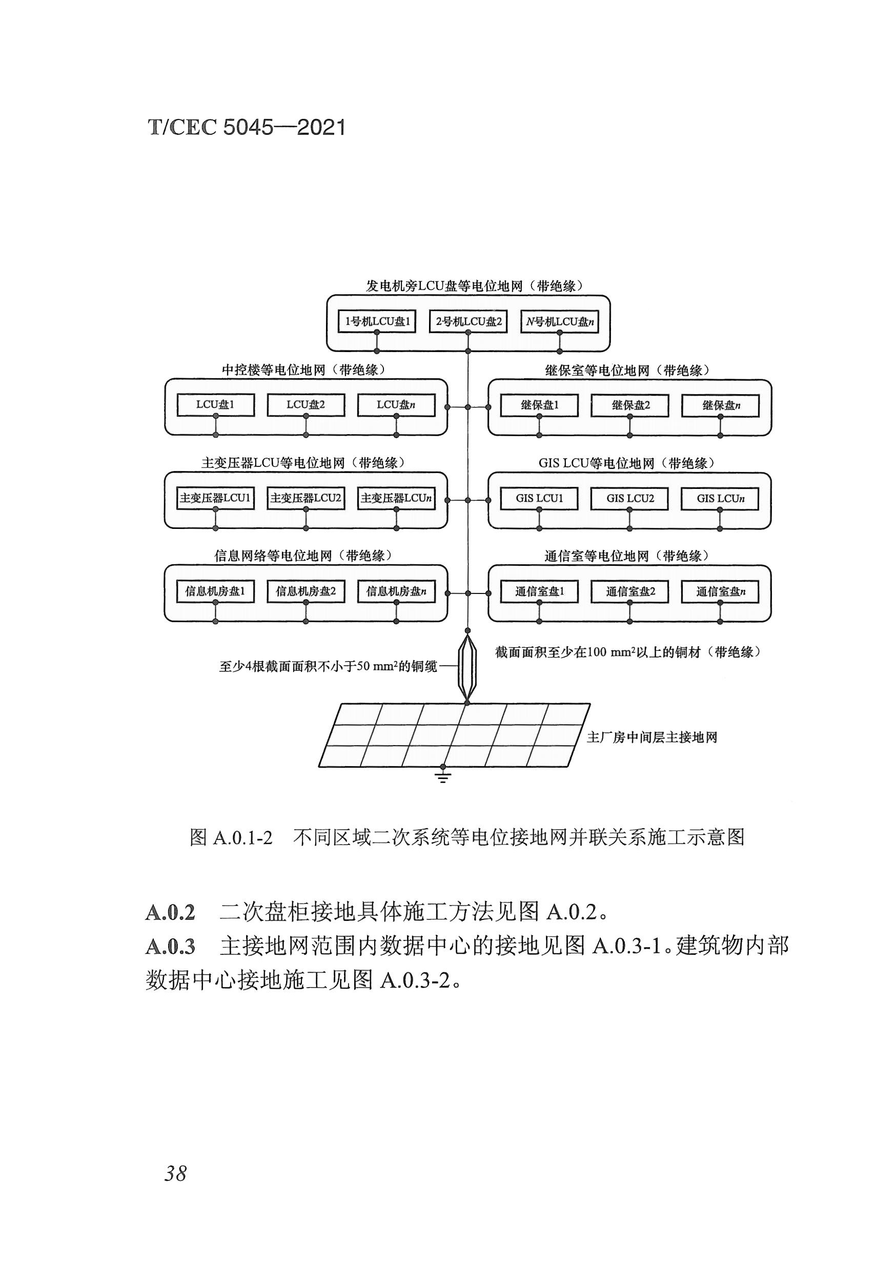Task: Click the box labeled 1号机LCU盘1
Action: pyautogui.click(x=377, y=321)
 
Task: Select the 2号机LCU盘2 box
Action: pyautogui.click(x=468, y=321)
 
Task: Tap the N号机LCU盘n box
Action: pyautogui.click(x=559, y=321)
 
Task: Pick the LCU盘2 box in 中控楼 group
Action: pyautogui.click(x=306, y=405)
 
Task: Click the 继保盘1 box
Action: pyautogui.click(x=539, y=405)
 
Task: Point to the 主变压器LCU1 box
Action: pyautogui.click(x=215, y=498)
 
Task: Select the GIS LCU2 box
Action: pyautogui.click(x=629, y=498)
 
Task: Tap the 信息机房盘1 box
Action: pyautogui.click(x=215, y=591)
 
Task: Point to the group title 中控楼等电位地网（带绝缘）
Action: pyautogui.click(x=303, y=370)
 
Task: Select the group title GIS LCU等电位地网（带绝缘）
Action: pyautogui.click(x=626, y=463)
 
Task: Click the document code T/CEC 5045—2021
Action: pyautogui.click(x=247, y=127)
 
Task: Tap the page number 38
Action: pyautogui.click(x=175, y=1173)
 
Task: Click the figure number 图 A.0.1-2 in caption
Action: pyautogui.click(x=231, y=837)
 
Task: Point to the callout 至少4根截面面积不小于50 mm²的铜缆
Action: pyautogui.click(x=328, y=666)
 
